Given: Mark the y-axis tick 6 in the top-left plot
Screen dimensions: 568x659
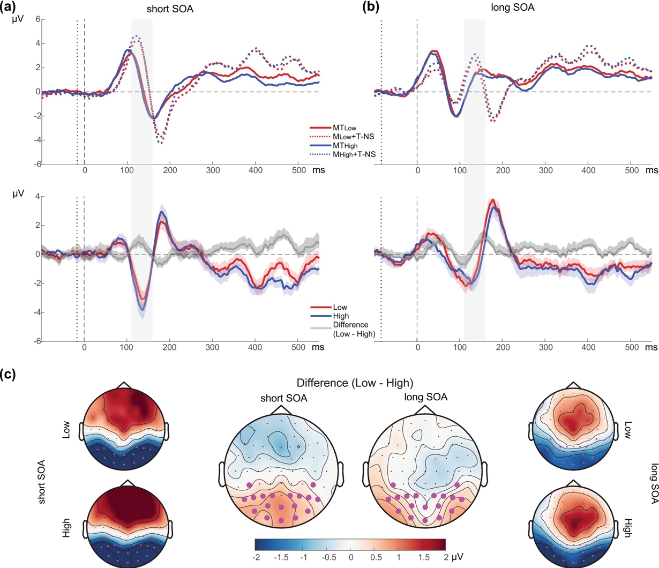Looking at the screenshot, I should pos(37,19).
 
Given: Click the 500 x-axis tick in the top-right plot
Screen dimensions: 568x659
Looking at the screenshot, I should pos(631,170).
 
